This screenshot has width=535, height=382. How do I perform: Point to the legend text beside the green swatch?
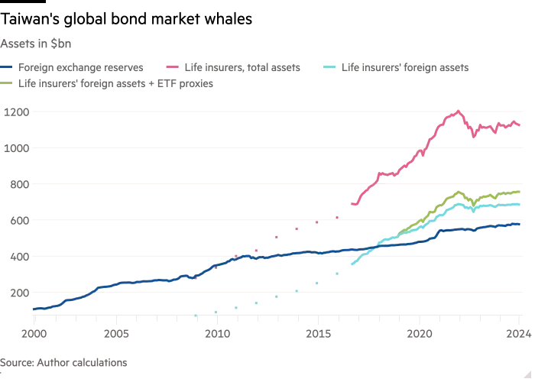[x=115, y=85]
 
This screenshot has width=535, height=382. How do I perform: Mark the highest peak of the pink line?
[x=458, y=112]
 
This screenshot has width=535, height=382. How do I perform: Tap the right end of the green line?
[x=523, y=192]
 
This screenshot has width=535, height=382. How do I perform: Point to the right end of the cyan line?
[x=523, y=205]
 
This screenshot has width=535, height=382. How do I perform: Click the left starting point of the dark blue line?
[x=31, y=309]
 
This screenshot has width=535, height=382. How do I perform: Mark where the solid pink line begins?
[x=351, y=205]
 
